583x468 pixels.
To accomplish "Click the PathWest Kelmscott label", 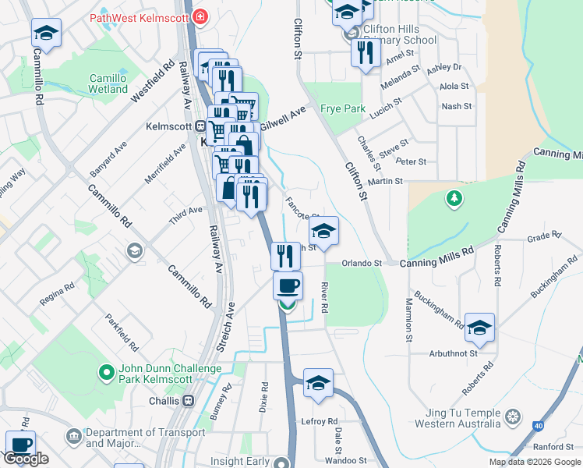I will [140, 16].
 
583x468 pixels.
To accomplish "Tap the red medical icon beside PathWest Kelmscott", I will [200, 16].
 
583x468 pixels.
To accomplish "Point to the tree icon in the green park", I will [454, 199].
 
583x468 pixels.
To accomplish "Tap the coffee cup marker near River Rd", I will [288, 285].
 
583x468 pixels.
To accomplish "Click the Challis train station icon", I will [188, 401].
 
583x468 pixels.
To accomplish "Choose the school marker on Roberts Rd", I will [480, 328].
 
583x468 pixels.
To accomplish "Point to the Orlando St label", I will [361, 263].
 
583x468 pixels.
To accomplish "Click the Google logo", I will [26, 459].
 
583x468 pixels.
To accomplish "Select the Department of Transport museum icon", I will [74, 434].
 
